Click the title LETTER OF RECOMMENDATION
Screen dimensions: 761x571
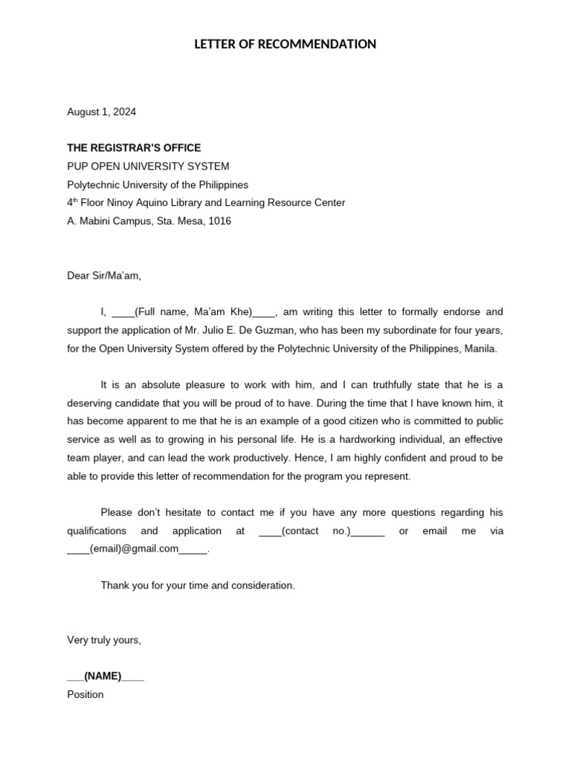pos(285,45)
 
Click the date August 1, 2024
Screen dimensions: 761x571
pos(101,112)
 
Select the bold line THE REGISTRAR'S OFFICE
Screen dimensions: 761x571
pos(134,148)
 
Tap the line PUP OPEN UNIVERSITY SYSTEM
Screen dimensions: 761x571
pos(148,166)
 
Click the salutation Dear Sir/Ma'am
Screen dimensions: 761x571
pos(103,276)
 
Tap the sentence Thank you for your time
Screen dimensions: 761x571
pos(198,586)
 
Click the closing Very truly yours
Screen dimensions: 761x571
pos(103,640)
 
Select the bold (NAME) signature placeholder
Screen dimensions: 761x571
pos(103,676)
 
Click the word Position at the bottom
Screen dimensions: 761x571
pos(86,695)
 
